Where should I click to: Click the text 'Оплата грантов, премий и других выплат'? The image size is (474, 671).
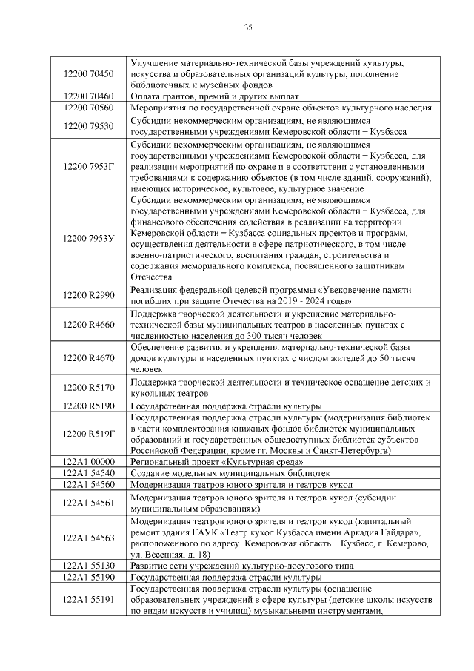(x=215, y=96)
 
